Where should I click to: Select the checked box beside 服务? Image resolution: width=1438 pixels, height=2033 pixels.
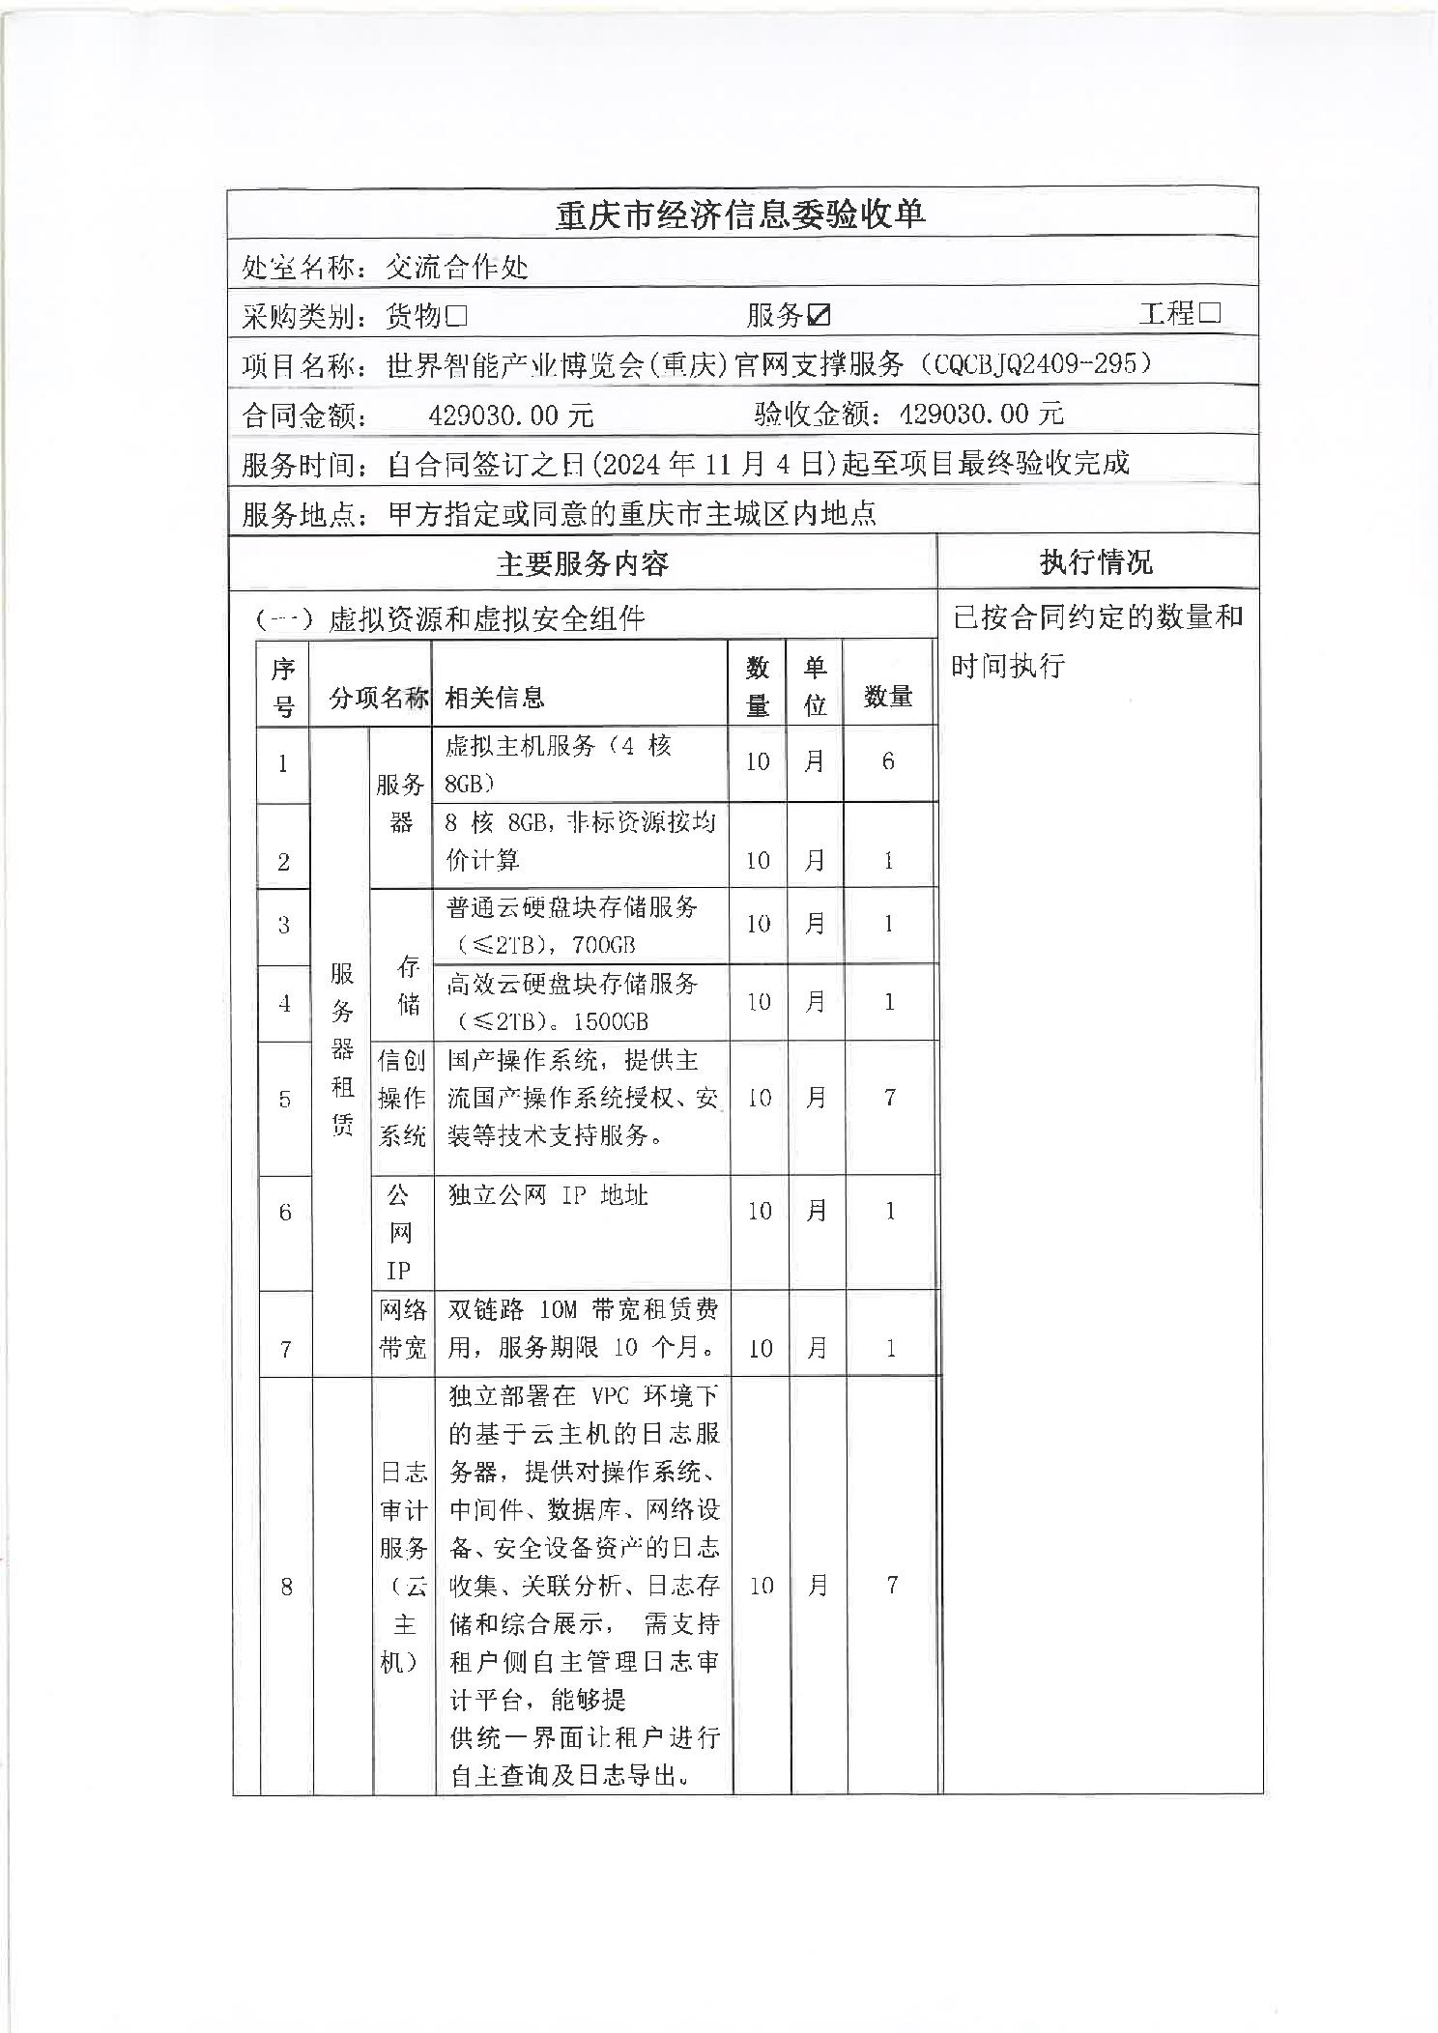(x=820, y=315)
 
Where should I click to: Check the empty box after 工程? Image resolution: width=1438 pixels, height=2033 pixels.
(x=1209, y=313)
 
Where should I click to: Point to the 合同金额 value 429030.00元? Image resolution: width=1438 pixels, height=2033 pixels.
(x=510, y=415)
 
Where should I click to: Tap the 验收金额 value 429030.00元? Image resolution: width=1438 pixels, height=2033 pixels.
(x=981, y=415)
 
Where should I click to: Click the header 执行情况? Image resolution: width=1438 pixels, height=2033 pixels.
(x=1096, y=562)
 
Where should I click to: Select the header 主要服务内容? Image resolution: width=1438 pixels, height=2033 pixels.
(x=582, y=563)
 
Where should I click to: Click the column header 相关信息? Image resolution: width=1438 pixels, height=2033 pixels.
(x=494, y=697)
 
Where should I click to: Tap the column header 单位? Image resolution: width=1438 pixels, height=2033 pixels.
(x=815, y=685)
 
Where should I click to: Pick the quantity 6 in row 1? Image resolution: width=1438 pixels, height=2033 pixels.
(x=888, y=762)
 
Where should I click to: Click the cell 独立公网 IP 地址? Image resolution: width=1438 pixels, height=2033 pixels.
(x=548, y=1195)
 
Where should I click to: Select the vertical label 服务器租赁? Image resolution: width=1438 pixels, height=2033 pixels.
(x=342, y=1048)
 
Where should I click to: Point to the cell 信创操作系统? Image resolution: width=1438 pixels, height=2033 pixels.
(x=402, y=1098)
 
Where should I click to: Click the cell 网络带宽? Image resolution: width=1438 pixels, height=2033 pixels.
(x=403, y=1330)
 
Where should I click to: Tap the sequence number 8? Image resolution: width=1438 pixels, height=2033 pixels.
(x=286, y=1586)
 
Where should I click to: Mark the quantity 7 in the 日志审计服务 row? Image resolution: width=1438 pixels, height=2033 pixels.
(x=892, y=1585)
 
